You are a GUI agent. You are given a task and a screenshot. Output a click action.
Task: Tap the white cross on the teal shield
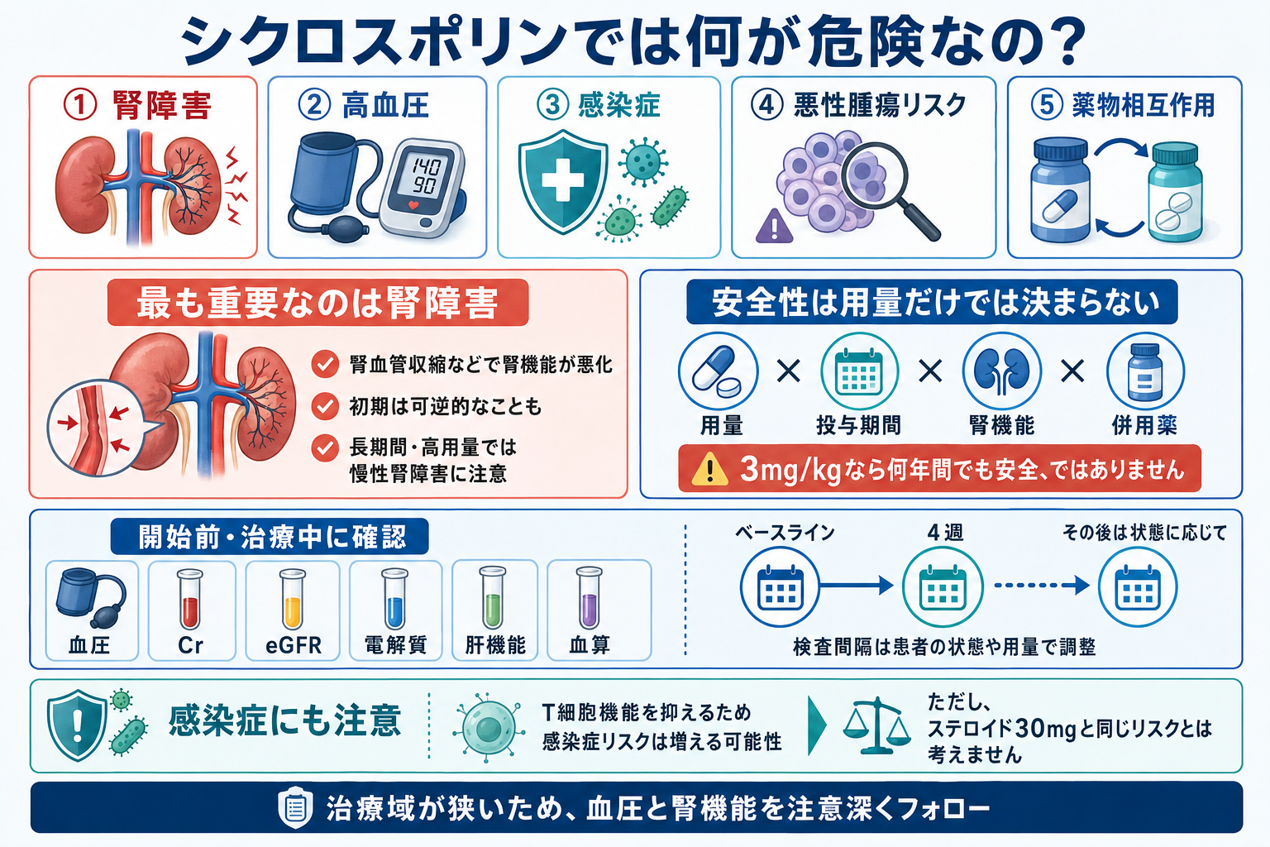pos(562,179)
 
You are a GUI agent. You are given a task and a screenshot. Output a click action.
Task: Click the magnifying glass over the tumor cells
pos(885,187)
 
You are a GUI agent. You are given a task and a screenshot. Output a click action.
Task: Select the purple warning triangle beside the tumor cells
pos(774,226)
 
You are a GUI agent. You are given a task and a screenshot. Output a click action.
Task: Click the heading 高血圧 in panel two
pos(385,106)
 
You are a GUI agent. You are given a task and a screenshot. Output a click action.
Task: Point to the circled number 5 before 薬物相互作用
pos(1047,106)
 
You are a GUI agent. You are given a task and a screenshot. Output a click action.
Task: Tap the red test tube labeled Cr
pos(190,599)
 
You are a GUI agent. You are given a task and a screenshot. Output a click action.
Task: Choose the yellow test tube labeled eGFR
pos(293,599)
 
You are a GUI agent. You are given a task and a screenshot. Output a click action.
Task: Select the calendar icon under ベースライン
pos(781,587)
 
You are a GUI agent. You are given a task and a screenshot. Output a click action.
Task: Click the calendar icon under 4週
pos(943,587)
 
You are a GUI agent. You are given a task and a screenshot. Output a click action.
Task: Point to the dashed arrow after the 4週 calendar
pos(1042,586)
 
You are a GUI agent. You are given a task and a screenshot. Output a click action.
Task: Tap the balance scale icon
pos(876,725)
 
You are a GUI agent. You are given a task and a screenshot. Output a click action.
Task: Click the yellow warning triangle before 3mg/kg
pos(709,471)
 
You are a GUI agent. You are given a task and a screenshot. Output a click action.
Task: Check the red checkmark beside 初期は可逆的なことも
pos(325,406)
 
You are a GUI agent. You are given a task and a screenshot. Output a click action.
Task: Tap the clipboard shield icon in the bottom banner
pos(295,806)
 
